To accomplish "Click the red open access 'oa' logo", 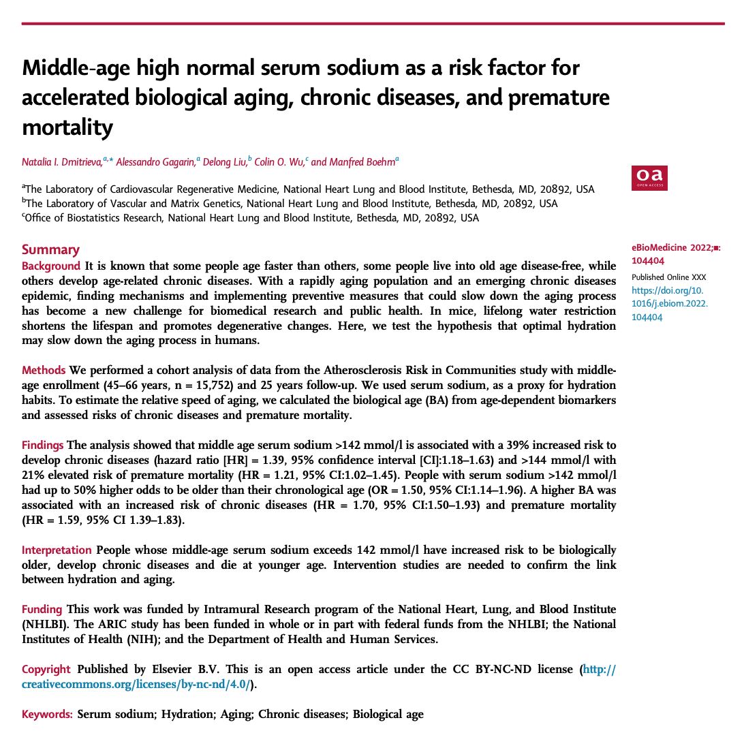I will pos(649,178).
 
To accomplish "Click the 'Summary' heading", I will pos(50,250).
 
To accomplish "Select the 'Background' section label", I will pos(51,265).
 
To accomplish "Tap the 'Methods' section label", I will pos(44,371).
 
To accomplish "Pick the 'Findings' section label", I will pos(44,445).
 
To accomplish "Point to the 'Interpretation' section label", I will pos(57,550).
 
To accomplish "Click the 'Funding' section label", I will pos(42,609).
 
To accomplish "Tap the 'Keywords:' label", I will pos(47,714).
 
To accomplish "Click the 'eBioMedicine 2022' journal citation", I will pos(670,249).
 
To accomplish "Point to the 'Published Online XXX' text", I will pos(668,277).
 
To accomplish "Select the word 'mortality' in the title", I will pos(67,127).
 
